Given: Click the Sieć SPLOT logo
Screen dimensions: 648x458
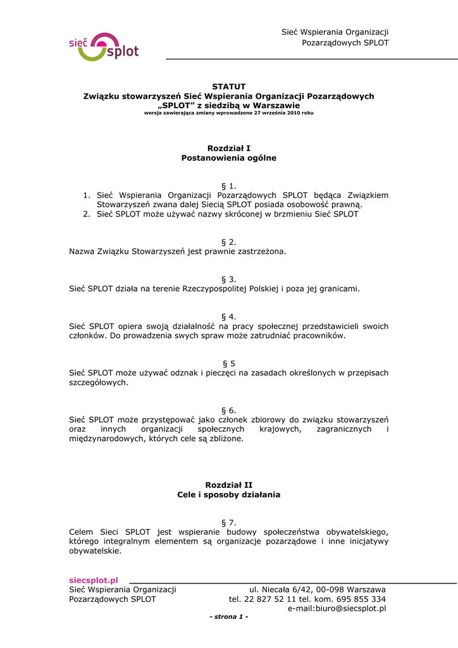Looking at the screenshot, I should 103,47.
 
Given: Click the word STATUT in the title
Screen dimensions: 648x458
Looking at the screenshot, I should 228,86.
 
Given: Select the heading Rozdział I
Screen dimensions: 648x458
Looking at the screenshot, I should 228,148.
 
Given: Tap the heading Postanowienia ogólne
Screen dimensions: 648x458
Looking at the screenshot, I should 228,158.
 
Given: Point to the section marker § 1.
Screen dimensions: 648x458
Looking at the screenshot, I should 228,185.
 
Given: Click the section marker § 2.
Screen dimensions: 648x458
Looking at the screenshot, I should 228,242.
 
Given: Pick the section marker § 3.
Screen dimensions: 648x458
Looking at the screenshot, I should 228,279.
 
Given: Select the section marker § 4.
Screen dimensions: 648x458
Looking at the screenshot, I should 228,316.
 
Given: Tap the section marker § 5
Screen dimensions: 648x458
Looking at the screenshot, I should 228,363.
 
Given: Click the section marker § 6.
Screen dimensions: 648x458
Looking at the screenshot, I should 228,410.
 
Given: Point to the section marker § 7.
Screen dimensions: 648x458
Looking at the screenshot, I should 228,522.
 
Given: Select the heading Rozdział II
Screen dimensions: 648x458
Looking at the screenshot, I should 228,485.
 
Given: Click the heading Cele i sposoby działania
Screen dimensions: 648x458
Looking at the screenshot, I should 228,495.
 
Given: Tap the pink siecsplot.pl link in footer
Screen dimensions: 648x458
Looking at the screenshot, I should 94,580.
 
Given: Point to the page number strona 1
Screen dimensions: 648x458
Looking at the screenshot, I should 229,617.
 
